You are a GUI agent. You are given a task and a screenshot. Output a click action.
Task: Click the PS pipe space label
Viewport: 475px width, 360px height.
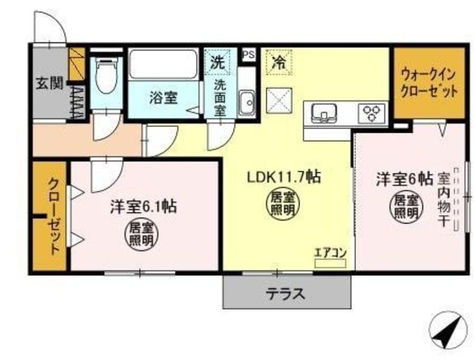248,54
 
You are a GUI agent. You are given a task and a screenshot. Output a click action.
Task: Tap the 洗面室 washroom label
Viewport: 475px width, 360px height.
220,96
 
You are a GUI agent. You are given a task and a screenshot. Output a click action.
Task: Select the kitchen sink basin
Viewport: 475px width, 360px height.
324,113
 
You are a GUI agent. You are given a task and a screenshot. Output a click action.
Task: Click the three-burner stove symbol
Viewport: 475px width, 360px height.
372,114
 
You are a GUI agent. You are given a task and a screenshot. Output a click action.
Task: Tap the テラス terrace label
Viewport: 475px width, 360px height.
286,293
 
